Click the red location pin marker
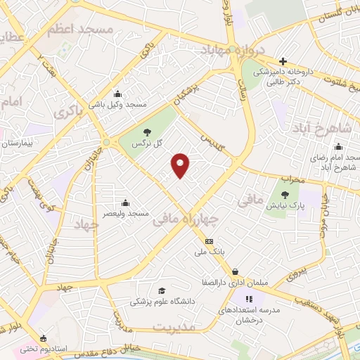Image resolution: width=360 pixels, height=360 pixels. pyautogui.click(x=181, y=165)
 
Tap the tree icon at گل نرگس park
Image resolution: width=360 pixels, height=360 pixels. pyautogui.click(x=146, y=131)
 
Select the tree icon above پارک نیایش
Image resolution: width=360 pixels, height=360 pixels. pyautogui.click(x=285, y=195)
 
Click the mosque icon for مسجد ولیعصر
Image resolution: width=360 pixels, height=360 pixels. pyautogui.click(x=125, y=202)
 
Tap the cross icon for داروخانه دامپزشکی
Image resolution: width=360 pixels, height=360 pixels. pyautogui.click(x=283, y=61)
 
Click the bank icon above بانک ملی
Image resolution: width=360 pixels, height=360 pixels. pyautogui.click(x=209, y=241)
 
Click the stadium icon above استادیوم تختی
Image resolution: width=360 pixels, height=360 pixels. pyautogui.click(x=44, y=338)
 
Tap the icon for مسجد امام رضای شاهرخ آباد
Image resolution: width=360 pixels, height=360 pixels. pyautogui.click(x=338, y=147)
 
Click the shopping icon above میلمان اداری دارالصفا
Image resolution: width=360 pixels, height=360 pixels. pyautogui.click(x=234, y=271)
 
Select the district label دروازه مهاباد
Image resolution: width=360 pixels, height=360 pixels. pyautogui.click(x=233, y=51)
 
